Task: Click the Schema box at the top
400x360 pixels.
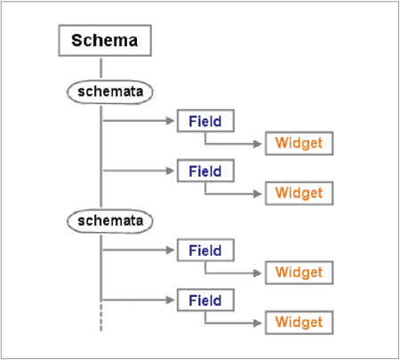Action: [105, 41]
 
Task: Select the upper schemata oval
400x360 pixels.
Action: [110, 92]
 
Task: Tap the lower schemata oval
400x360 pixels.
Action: [110, 221]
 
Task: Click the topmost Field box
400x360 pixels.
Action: [205, 121]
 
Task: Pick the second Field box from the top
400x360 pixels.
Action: [205, 171]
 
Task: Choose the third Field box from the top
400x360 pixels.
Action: [205, 250]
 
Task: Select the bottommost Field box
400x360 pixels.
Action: [205, 300]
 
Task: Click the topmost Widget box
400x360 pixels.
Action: [299, 143]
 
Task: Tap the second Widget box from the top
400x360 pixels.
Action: [299, 193]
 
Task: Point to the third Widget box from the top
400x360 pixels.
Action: [299, 273]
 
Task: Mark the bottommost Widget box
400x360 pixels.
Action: [299, 323]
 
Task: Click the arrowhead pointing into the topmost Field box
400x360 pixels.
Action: [171, 121]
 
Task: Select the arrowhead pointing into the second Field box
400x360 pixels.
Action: [171, 171]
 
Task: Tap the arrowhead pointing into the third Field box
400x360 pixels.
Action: [171, 250]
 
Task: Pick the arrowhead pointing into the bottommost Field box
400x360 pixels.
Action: [171, 300]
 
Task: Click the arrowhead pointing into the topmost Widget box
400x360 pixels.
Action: [258, 144]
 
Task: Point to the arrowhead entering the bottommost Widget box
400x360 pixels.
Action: [258, 323]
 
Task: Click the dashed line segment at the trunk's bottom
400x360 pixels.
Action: [101, 317]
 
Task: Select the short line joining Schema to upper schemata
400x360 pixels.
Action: [101, 68]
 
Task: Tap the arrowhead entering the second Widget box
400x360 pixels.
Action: [258, 194]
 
